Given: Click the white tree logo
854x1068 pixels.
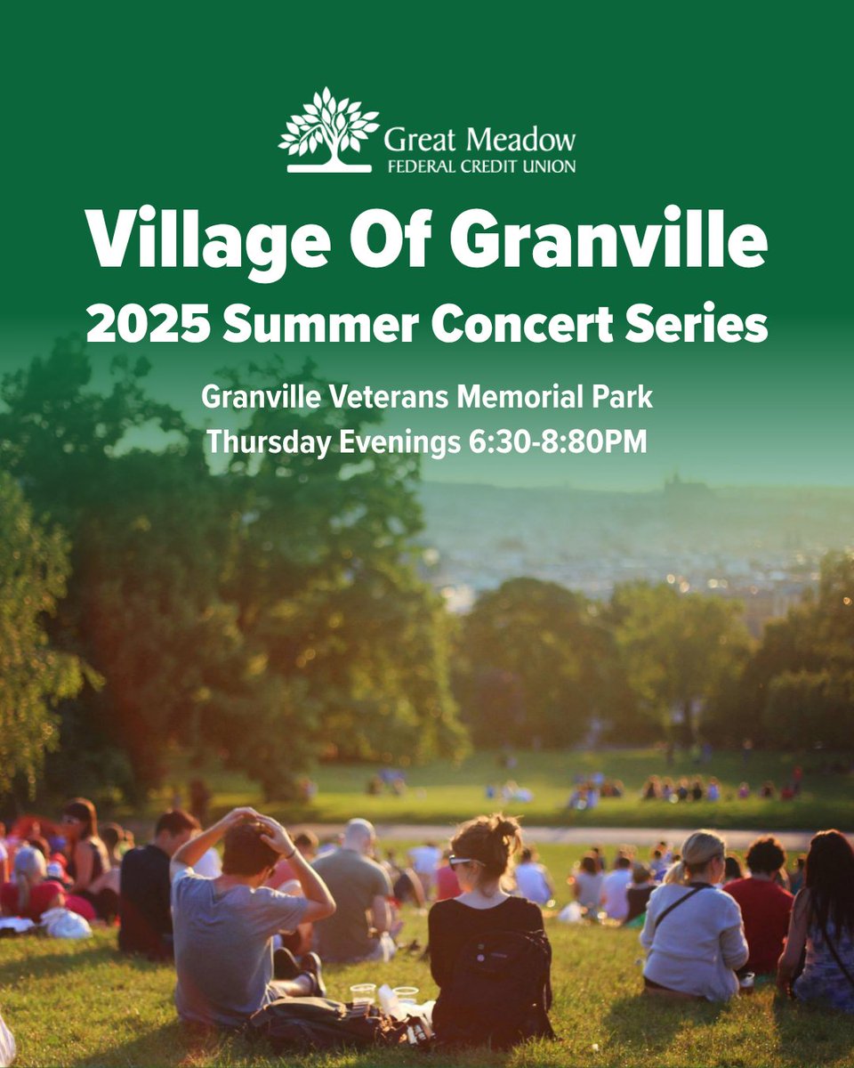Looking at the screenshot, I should click(x=328, y=129).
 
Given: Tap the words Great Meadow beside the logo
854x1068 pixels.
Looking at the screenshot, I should click(x=479, y=140).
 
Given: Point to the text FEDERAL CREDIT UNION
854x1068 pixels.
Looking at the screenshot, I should click(x=479, y=166).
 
